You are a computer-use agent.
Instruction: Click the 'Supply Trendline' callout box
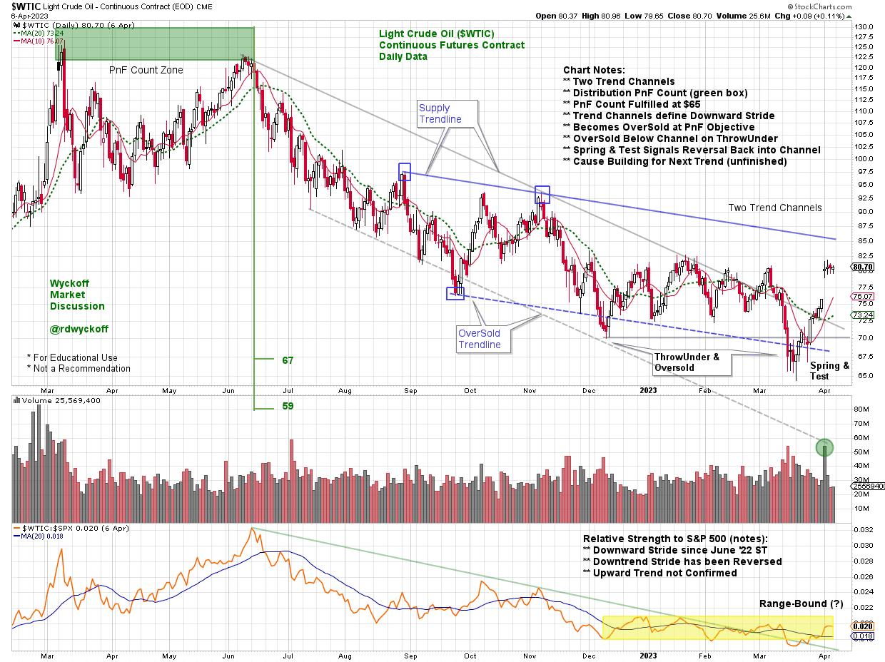440,113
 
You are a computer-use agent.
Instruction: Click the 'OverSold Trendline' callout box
480,339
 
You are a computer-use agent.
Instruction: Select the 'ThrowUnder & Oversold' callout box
687,362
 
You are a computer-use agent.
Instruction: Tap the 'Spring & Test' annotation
829,370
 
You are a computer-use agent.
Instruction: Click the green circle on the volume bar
825,448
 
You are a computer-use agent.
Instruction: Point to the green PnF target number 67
288,361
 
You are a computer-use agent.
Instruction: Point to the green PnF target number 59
288,407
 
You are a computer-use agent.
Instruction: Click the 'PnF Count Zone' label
146,70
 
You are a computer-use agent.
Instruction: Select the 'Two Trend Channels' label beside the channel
775,208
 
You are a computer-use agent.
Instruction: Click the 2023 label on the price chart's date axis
647,390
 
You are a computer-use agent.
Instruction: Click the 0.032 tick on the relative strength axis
862,531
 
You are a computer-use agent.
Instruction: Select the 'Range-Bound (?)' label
799,604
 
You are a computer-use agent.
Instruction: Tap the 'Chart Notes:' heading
594,70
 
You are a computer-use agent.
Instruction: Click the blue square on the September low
455,293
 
